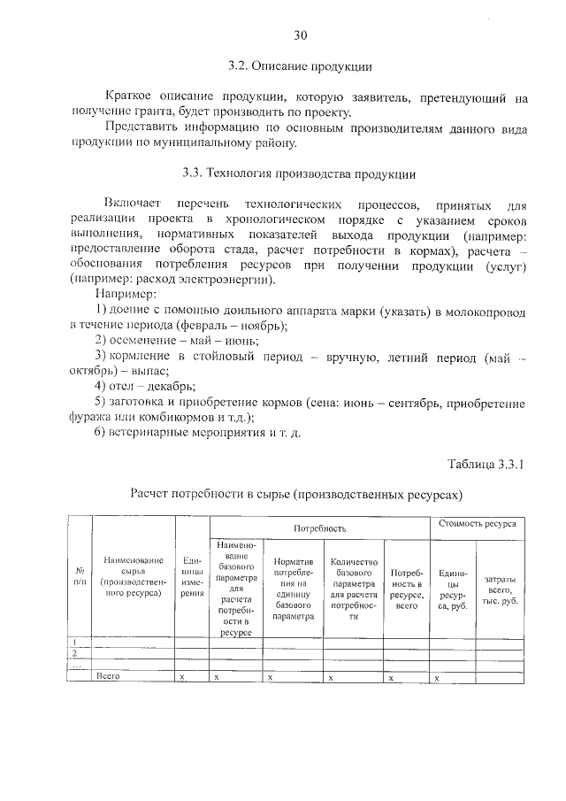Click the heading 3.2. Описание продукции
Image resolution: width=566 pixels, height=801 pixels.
coord(299,65)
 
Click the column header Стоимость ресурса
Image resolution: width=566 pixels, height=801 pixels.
coord(478,524)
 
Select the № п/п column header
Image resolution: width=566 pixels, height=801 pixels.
coord(80,576)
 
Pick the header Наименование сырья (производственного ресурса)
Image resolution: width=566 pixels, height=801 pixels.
coord(134,577)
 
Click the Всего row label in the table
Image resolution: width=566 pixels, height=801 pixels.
coord(108,676)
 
